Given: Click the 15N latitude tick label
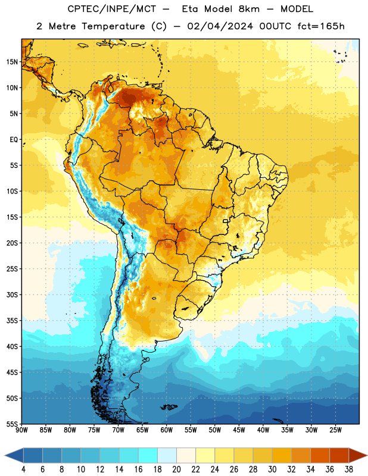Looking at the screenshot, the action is point(12,62).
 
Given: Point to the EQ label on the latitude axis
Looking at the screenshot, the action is point(14,140).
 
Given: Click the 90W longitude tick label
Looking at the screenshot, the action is point(21,430).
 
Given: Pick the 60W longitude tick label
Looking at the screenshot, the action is point(167,430).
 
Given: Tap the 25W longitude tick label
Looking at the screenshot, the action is point(335,430).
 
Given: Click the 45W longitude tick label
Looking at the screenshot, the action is point(239,430).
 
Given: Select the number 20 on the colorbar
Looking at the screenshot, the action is point(176,469).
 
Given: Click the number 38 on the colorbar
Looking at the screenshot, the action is point(349,469).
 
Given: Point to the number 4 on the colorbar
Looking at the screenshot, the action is point(23,469).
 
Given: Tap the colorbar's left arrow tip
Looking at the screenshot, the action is point(5,455).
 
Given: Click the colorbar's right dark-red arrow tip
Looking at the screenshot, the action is point(367,455).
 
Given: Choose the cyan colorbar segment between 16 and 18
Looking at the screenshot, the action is point(148,455).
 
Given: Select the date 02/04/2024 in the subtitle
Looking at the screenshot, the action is point(220,26).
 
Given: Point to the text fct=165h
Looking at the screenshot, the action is point(321,26).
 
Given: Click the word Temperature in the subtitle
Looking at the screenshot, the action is point(113,26).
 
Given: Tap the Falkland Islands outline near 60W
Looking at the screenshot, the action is point(169,407).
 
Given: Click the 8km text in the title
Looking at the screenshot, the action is point(249,9).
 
